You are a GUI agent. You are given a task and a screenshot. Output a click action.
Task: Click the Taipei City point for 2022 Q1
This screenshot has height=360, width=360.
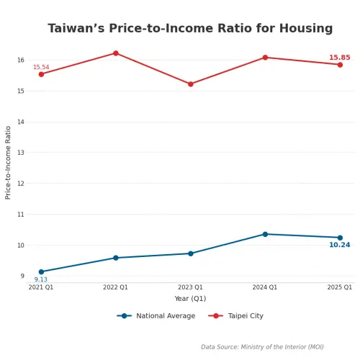click(115, 53)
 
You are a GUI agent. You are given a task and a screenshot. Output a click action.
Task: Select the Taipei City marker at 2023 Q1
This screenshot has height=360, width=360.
click(191, 84)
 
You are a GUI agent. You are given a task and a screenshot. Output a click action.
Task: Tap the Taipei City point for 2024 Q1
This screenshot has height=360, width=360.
click(265, 58)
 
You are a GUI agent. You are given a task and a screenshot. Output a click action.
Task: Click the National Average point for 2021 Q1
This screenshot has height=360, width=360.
click(41, 272)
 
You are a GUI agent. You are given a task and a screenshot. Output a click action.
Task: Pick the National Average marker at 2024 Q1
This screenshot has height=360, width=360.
click(265, 234)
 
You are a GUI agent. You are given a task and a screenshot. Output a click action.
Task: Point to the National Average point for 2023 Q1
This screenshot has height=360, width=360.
click(191, 253)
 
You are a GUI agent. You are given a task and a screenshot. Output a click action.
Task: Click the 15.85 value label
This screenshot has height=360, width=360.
click(339, 58)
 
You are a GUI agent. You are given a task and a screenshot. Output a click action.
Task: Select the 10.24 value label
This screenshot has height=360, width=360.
click(339, 245)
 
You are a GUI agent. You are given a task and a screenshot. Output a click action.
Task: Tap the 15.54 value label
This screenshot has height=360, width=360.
click(41, 68)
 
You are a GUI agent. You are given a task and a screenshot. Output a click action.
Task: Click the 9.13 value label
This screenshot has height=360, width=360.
click(41, 279)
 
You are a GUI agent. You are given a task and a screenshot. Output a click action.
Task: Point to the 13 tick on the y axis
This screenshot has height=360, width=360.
click(21, 153)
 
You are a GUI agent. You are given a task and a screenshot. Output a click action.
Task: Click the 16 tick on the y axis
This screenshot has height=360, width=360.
click(21, 60)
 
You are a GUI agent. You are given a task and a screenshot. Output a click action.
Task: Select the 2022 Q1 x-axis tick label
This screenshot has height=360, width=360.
click(115, 287)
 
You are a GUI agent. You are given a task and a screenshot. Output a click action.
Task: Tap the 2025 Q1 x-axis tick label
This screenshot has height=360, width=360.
click(340, 287)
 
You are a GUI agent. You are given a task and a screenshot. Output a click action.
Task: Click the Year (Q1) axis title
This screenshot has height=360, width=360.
click(190, 299)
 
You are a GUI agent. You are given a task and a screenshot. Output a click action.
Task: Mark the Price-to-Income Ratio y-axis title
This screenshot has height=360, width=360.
click(9, 162)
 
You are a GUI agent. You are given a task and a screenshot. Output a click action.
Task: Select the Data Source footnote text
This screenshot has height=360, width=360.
click(262, 347)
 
